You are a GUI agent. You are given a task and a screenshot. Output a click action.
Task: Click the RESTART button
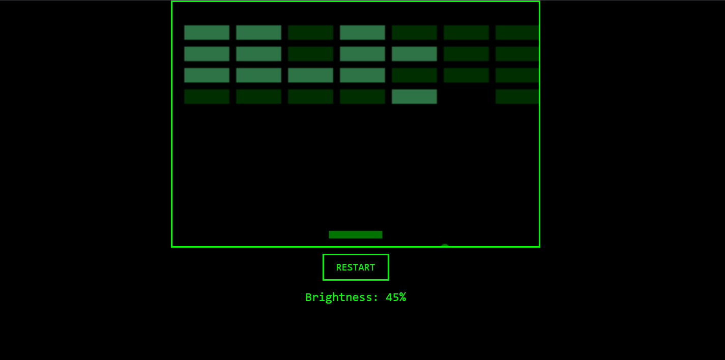(x=356, y=267)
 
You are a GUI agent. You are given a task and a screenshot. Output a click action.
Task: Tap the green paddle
(x=356, y=234)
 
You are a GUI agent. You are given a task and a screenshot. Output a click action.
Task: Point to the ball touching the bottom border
(x=445, y=246)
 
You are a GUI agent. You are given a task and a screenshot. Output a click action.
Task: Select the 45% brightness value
(x=396, y=297)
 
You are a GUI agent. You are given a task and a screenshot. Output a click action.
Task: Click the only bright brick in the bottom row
(x=414, y=97)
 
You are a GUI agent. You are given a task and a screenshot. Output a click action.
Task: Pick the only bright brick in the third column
(x=310, y=75)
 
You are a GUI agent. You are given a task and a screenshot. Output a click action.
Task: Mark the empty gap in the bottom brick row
(x=466, y=97)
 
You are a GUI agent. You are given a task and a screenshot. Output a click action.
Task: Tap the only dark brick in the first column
(x=207, y=97)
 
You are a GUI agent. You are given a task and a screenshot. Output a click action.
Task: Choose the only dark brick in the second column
(x=258, y=97)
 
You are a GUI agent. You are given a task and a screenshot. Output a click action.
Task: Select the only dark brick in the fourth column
(x=362, y=97)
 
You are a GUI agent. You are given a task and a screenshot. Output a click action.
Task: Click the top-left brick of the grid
(x=207, y=33)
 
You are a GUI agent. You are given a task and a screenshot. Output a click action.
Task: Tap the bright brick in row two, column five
(x=414, y=54)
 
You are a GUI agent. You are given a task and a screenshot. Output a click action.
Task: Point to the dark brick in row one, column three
(x=310, y=33)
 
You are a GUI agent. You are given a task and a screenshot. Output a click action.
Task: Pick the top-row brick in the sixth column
(x=466, y=33)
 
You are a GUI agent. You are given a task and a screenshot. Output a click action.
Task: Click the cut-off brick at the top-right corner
(x=517, y=33)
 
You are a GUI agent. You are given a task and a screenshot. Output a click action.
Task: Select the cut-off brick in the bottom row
(x=517, y=97)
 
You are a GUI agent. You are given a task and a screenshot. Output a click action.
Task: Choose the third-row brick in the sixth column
(x=466, y=75)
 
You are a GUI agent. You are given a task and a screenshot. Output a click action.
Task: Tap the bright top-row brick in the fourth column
(x=362, y=33)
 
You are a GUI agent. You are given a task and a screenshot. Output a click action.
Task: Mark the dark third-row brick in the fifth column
(x=414, y=75)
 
